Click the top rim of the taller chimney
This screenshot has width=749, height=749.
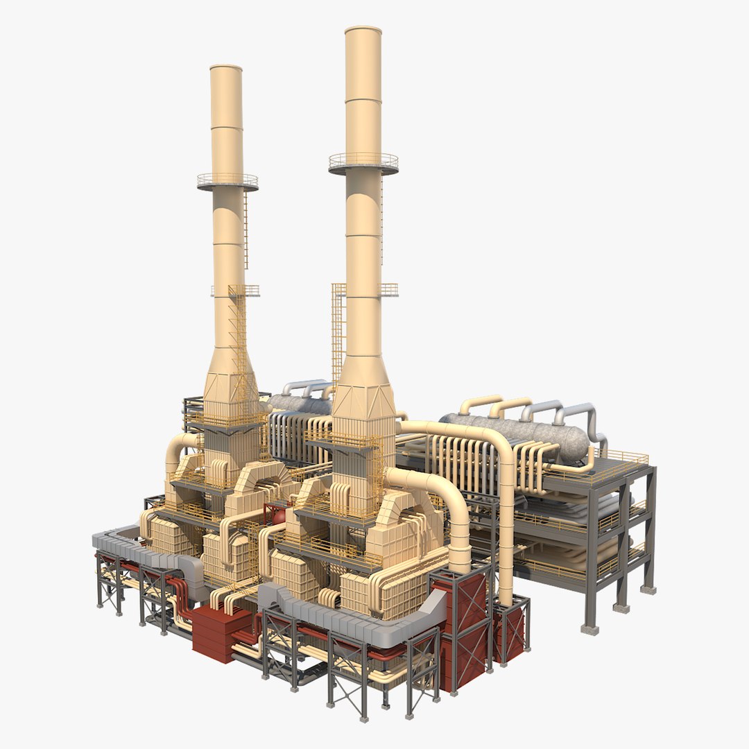(x=363, y=31)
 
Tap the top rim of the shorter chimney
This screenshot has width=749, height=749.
(x=226, y=68)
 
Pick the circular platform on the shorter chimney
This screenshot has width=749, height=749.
(x=227, y=182)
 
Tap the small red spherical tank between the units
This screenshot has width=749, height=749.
(x=277, y=515)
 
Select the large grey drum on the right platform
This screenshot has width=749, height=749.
(x=517, y=433)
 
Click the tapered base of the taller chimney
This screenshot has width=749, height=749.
(x=363, y=388)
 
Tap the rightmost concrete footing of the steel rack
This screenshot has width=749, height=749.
(x=648, y=589)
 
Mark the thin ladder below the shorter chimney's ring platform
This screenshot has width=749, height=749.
(x=245, y=229)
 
